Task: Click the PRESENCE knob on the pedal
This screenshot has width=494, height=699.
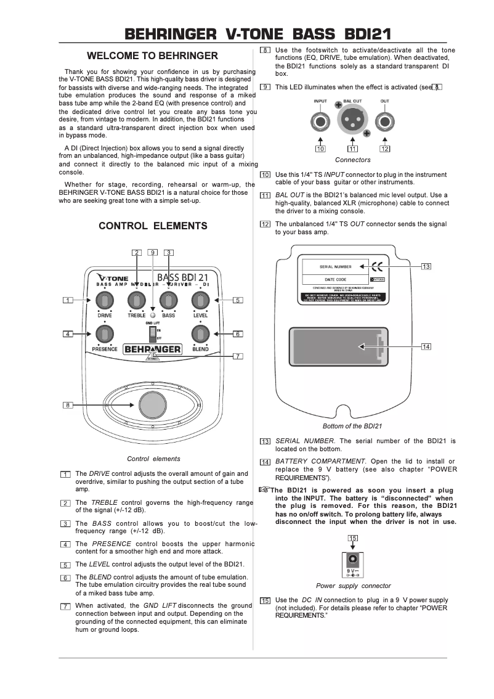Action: tap(105, 334)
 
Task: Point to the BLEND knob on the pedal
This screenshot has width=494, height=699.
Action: tap(199, 334)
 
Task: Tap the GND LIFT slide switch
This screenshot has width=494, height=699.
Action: tap(152, 334)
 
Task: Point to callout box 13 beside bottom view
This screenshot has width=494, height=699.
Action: tap(426, 266)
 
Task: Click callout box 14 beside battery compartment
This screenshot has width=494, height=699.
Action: tap(426, 346)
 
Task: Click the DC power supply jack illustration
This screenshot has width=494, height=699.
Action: tap(353, 560)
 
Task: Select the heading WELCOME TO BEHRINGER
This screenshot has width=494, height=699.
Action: tap(152, 55)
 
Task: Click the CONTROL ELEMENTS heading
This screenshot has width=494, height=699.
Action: tap(153, 226)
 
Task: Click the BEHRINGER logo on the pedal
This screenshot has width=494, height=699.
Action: tap(153, 349)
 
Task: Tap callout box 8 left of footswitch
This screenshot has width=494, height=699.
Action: tap(68, 405)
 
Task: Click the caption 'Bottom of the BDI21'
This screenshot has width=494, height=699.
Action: tap(352, 426)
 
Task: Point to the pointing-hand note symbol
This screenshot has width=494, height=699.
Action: tap(265, 489)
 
